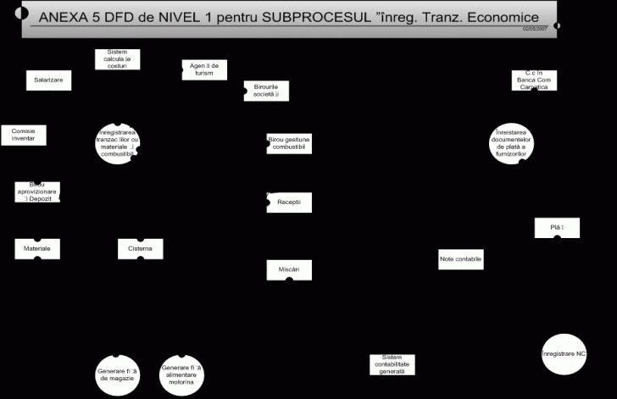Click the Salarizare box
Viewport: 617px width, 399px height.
pos(48,80)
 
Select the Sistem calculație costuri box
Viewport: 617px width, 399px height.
pos(117,59)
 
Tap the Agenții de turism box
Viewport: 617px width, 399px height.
pos(204,69)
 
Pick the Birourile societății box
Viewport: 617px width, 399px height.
pos(266,91)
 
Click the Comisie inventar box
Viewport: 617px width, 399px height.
pos(24,135)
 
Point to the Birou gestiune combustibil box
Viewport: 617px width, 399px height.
pos(289,143)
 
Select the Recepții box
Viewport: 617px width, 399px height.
pos(289,202)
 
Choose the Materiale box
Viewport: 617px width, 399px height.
pos(37,249)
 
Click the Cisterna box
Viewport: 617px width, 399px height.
pos(141,249)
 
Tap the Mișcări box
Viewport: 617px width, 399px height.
pos(289,269)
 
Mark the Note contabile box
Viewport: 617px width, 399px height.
pos(461,259)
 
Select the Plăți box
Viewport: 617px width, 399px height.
pos(557,228)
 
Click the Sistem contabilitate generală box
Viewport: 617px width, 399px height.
pos(392,364)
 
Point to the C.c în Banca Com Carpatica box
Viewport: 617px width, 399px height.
pos(534,80)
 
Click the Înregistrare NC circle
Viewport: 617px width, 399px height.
pos(564,353)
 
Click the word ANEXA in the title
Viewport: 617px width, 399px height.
pos(64,18)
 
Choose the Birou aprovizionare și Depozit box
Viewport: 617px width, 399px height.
pos(37,192)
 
